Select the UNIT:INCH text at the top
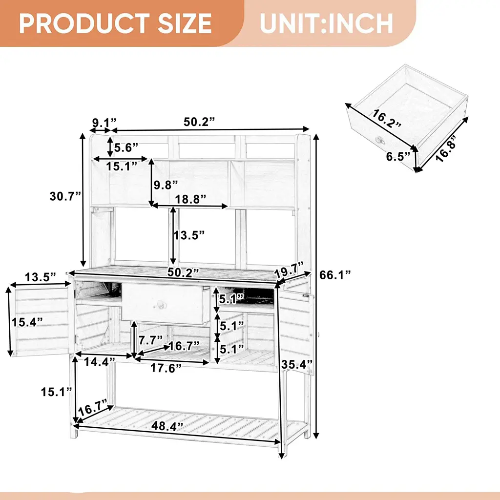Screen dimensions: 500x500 pos(326,23)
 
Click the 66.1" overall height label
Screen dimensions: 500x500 pos(335,274)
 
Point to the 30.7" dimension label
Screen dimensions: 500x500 pos(65,196)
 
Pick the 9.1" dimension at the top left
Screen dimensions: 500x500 pos(104,122)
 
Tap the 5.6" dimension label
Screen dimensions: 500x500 pos(126,147)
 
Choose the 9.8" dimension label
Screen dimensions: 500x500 pos(166,185)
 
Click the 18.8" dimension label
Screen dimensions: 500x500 pos(190,199)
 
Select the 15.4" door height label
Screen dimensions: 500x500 pos(27,322)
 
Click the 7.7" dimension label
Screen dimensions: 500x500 pos(150,340)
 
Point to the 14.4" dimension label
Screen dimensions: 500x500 pos(99,362)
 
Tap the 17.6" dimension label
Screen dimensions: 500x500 pos(166,368)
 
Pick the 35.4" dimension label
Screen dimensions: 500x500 pos(297,364)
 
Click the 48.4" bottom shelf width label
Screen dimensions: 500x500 pos(167,426)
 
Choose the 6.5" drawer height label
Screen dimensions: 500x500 pos(398,157)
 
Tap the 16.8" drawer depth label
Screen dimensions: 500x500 pos(446,150)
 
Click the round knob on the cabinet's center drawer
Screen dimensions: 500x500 pos(159,305)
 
